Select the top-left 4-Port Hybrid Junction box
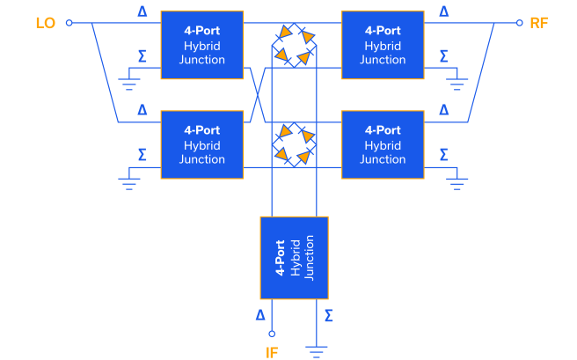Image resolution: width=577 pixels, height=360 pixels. pyautogui.click(x=201, y=45)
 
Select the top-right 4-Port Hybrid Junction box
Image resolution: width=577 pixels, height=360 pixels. pyautogui.click(x=383, y=45)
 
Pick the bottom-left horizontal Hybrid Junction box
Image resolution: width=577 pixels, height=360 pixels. pyautogui.click(x=201, y=144)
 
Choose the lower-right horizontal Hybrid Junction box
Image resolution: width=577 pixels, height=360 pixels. pyautogui.click(x=383, y=144)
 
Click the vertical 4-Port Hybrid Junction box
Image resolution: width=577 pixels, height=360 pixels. pyautogui.click(x=295, y=257)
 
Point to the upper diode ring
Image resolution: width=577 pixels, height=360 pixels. pyautogui.click(x=293, y=45)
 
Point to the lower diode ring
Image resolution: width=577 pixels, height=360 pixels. pyautogui.click(x=293, y=144)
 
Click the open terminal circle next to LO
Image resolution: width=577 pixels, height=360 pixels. pyautogui.click(x=69, y=23)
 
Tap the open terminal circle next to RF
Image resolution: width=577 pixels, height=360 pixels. pyautogui.click(x=519, y=23)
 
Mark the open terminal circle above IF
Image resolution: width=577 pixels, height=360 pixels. pyautogui.click(x=272, y=334)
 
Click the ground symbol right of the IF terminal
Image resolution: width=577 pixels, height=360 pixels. pyautogui.click(x=316, y=349)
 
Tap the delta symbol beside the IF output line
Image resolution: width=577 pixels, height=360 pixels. pyautogui.click(x=259, y=314)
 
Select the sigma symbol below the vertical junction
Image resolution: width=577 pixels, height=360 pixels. pyautogui.click(x=328, y=314)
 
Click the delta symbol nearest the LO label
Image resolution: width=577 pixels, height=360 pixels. pyautogui.click(x=143, y=11)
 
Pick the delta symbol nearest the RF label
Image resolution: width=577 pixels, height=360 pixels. pyautogui.click(x=443, y=11)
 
